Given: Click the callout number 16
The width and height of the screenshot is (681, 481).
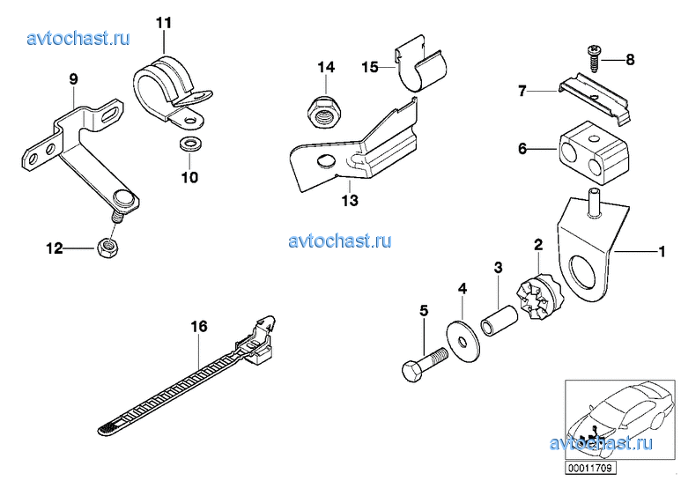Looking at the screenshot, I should point(199,326).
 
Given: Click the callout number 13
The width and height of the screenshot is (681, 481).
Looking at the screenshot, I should point(349,201).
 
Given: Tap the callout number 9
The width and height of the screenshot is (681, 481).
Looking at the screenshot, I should point(73,78).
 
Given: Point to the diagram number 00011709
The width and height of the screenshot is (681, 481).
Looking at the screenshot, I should point(589,467).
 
